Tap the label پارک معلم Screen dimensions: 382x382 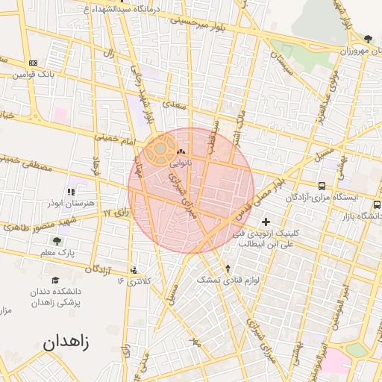(x=57, y=254)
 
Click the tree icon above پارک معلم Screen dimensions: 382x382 (x=57, y=240)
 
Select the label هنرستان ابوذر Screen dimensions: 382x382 (x=69, y=203)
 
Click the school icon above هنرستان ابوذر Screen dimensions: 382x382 (x=71, y=192)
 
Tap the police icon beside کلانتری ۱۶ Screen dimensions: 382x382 (x=134, y=270)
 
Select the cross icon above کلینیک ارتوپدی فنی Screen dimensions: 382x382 (x=266, y=222)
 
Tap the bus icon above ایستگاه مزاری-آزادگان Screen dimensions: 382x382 (x=321, y=185)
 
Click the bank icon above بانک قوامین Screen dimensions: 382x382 (x=32, y=63)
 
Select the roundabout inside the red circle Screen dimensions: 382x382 (x=158, y=152)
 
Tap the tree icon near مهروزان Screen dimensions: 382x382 (x=368, y=39)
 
